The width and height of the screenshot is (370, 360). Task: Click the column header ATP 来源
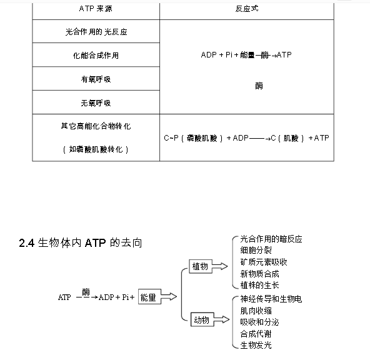click(96, 9)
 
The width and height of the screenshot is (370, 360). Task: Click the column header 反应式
click(247, 9)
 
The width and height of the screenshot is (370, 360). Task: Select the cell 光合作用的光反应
click(96, 32)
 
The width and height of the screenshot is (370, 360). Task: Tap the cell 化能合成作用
click(96, 56)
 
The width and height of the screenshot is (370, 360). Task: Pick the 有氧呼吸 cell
click(96, 79)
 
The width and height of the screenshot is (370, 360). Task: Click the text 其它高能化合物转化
click(96, 126)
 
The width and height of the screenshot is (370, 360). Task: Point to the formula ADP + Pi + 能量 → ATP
click(246, 55)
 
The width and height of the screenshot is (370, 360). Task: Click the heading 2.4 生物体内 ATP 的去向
click(81, 243)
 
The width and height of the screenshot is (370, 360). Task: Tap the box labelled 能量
click(149, 297)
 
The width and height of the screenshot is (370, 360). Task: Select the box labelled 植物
click(201, 267)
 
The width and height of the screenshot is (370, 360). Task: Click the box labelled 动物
click(202, 319)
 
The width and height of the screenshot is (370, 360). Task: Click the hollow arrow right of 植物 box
click(220, 266)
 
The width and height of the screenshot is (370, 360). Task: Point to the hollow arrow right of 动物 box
click(222, 319)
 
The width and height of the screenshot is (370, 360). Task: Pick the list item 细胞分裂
click(256, 250)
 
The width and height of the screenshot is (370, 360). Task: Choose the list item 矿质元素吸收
click(264, 262)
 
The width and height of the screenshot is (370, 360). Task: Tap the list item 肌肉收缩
click(256, 311)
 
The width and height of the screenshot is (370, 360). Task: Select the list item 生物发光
click(256, 346)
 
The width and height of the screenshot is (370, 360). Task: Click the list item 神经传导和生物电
click(271, 299)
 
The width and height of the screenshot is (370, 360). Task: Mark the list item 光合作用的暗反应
click(271, 239)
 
